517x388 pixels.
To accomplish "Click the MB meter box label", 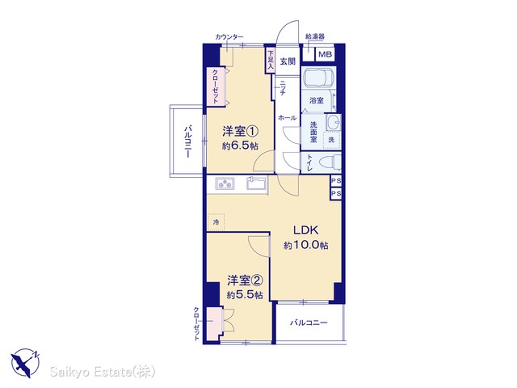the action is coord(325,54).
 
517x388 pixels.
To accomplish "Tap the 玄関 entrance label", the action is coord(288,61).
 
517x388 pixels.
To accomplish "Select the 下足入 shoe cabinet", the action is coord(271,61).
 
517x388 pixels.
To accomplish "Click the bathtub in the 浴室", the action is coord(318,80).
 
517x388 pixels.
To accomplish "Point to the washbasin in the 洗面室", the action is coord(333,123).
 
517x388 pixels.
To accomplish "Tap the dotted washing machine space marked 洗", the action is coord(331,140).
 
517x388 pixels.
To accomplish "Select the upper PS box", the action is coord(336,181).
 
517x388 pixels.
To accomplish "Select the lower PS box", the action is coord(336,193).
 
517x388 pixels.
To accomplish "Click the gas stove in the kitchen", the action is coord(225,183).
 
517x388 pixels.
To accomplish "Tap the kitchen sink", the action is coord(256,183).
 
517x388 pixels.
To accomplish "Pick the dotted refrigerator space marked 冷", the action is coord(216,222).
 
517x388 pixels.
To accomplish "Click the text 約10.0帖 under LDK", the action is coord(305,245).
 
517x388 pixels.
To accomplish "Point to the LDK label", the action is coord(305,230).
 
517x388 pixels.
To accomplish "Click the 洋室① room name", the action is coord(240,131).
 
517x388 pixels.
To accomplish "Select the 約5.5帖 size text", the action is coord(245,294).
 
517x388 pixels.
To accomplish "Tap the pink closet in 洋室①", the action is coord(216,86).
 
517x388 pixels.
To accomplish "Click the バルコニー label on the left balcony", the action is coord(187,141).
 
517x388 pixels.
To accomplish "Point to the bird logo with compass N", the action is coord(25,363).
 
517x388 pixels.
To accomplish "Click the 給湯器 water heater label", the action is coord(315,36).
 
